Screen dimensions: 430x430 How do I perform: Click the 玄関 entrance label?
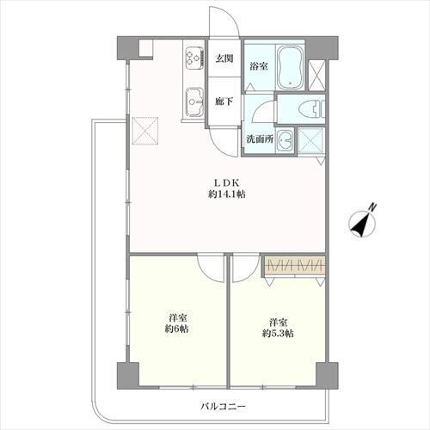[224, 58]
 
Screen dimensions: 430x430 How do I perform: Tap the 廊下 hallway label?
[224, 101]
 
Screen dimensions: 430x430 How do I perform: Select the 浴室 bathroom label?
[259, 66]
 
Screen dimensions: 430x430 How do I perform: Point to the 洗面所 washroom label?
[260, 139]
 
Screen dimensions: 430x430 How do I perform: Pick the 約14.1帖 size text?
[227, 194]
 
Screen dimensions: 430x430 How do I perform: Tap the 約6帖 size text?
[176, 329]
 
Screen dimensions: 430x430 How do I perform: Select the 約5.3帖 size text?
[278, 334]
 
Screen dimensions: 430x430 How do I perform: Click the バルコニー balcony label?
[223, 406]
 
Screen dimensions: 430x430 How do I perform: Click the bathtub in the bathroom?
[290, 67]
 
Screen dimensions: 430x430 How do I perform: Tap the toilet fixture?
[311, 110]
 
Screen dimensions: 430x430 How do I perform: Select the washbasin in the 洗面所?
[285, 140]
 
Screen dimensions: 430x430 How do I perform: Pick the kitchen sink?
[195, 101]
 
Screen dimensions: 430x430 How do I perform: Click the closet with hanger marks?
[295, 264]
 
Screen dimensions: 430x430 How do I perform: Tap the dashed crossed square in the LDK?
[145, 131]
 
